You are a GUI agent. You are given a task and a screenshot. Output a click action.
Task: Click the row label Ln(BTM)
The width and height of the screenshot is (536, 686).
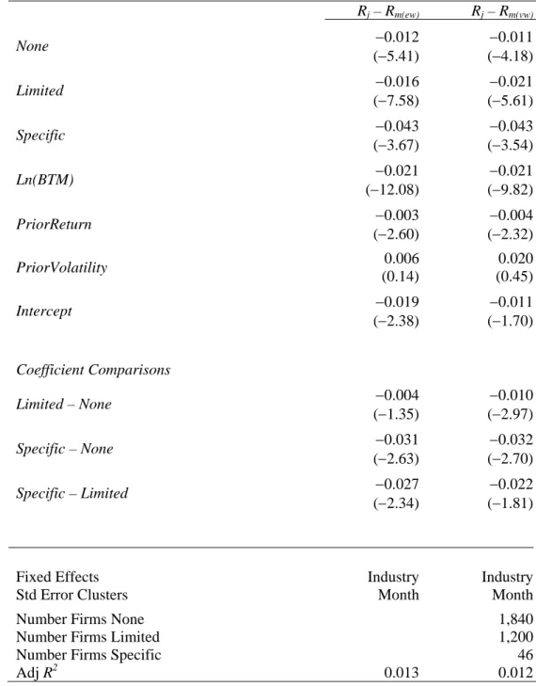[x=45, y=180]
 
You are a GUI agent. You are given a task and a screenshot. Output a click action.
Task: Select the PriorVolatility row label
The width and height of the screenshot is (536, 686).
[x=62, y=268]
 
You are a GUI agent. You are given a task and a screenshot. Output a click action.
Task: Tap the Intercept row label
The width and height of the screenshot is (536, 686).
[x=44, y=311]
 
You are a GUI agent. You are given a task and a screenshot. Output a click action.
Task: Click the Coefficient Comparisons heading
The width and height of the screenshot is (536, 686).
[x=93, y=370]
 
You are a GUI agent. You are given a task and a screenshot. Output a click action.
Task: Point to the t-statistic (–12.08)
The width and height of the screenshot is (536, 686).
[x=392, y=190]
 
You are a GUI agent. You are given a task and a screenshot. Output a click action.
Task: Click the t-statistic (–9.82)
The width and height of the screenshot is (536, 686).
[x=511, y=190]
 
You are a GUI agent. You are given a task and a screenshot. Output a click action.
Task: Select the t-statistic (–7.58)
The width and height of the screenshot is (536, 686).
[x=396, y=101]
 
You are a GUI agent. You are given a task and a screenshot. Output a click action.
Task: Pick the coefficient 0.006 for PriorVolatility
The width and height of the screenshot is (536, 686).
[x=402, y=259]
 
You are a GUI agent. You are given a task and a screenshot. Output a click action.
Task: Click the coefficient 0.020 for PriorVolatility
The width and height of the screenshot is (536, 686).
[x=515, y=259]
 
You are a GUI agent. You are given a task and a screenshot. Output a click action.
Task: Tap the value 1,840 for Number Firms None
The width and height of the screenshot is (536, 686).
[x=516, y=619]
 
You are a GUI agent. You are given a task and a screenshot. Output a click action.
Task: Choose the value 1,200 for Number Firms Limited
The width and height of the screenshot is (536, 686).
[x=516, y=637]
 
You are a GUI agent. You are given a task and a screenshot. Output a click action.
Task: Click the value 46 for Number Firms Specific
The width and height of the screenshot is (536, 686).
[x=525, y=655]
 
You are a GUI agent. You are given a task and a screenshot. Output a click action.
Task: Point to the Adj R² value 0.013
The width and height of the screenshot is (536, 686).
[x=402, y=673]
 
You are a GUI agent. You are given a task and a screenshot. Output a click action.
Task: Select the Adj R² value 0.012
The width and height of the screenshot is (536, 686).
[x=515, y=673]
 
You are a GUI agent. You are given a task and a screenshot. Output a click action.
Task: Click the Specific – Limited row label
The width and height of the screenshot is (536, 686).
[x=72, y=493]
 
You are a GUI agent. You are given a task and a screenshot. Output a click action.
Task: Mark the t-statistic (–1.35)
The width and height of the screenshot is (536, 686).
[x=396, y=414]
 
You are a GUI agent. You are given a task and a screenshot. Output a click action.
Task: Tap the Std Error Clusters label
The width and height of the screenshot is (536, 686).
[x=72, y=595]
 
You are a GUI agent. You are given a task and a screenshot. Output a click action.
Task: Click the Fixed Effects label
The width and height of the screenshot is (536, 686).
[x=57, y=577]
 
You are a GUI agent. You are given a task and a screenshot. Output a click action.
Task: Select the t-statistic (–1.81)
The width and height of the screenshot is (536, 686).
[x=511, y=503]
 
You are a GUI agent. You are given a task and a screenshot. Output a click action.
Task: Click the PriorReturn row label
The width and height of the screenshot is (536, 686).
[x=54, y=224]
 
